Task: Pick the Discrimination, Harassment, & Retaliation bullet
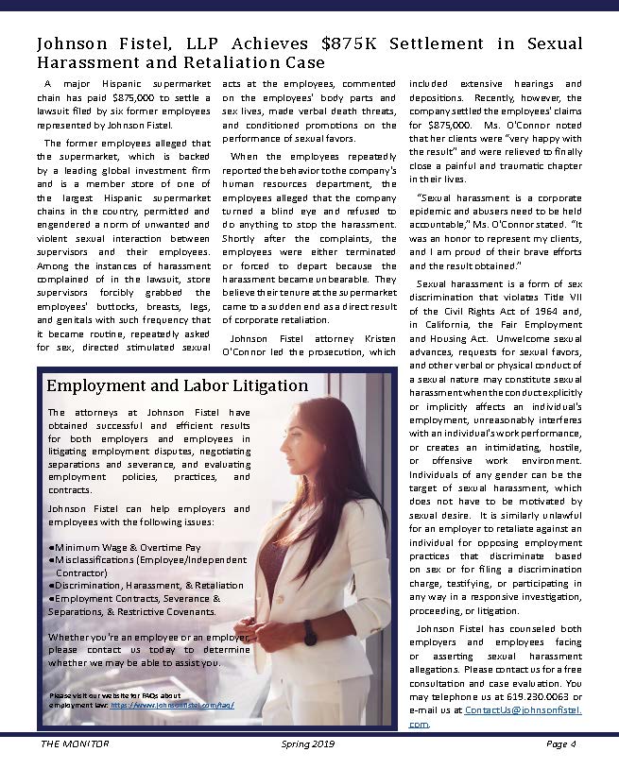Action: click(x=146, y=585)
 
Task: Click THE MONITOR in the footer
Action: click(x=75, y=743)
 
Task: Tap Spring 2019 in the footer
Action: click(x=309, y=743)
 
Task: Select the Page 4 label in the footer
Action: click(x=560, y=743)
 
